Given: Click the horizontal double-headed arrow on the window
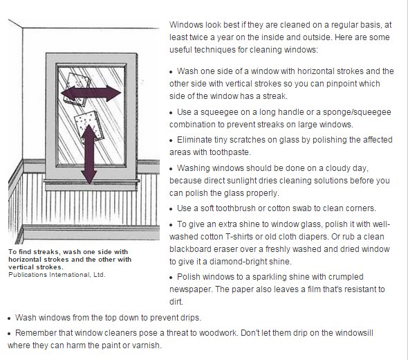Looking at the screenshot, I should pyautogui.click(x=87, y=95).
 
